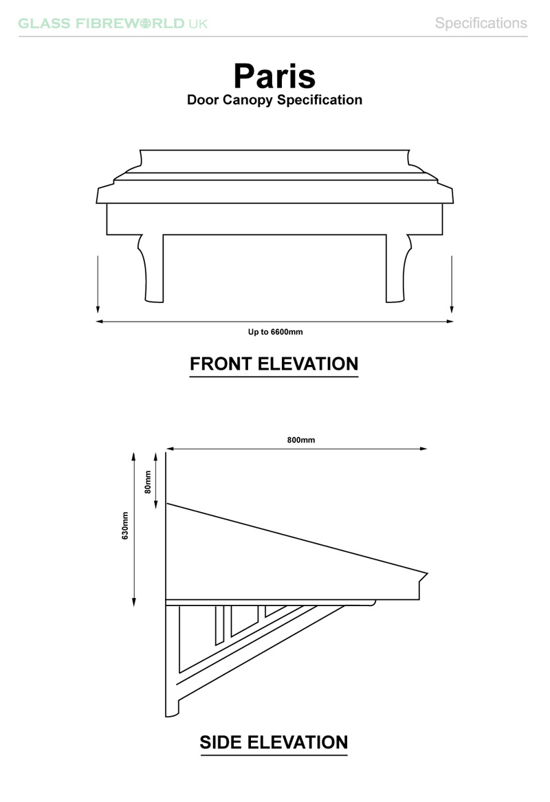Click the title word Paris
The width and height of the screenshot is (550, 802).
coord(274,76)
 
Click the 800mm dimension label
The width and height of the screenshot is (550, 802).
coord(301,440)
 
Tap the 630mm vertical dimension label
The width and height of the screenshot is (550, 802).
coord(126,526)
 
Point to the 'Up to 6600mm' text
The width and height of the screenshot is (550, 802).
coord(275,332)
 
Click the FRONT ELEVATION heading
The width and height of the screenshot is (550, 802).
coord(274,364)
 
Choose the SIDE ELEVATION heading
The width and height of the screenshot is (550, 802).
coord(274,742)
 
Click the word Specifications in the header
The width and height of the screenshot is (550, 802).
coord(481,23)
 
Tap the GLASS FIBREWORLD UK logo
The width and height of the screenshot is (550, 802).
coord(113,23)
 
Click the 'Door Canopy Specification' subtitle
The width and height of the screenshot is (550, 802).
coord(274,100)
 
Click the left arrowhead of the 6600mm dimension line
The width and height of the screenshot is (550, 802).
coord(100,321)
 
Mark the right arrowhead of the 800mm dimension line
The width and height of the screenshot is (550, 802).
coord(424,449)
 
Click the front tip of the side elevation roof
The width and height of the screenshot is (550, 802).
coord(426,574)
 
